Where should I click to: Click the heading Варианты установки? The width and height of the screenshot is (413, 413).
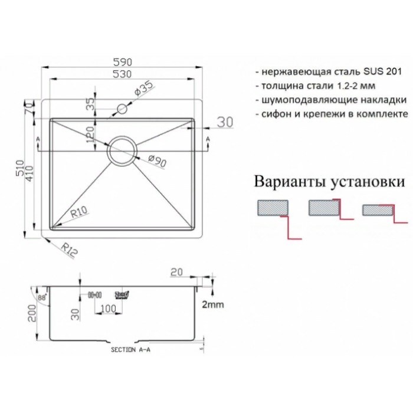[329, 181]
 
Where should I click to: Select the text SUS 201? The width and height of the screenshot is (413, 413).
[383, 71]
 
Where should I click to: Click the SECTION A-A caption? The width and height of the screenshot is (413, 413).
[130, 349]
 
